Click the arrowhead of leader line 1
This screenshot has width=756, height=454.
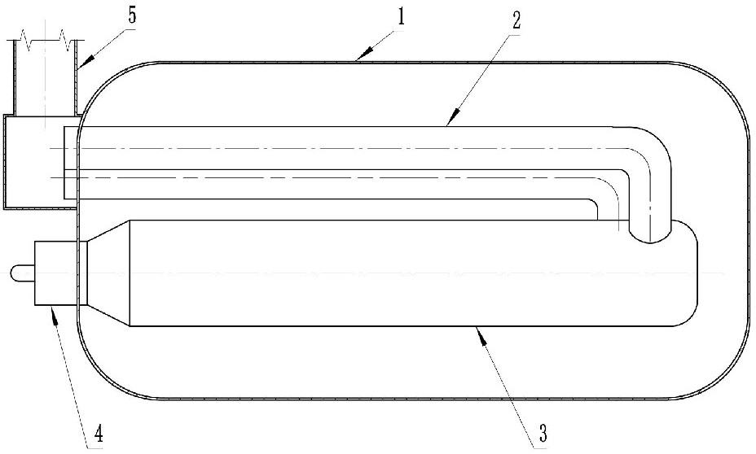361,59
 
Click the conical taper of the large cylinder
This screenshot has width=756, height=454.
108,273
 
